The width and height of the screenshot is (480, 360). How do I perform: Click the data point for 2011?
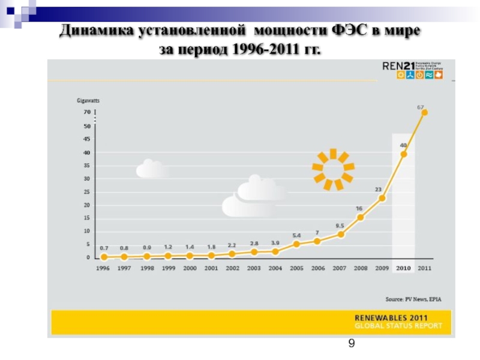424,112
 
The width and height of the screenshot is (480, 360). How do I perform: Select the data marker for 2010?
404,154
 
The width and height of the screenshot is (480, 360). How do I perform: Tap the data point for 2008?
361,217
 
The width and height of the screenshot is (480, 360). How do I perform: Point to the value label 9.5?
340,226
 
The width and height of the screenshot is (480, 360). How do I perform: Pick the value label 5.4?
296,235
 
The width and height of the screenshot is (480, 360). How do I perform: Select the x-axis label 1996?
104,268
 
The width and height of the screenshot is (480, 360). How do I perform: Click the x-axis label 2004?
275,268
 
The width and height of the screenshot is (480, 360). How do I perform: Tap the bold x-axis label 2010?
403,268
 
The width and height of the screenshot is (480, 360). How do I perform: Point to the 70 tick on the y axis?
87,112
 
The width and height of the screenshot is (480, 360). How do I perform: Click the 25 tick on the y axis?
87,192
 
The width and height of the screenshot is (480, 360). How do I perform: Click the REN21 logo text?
396,67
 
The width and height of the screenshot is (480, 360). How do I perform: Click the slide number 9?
352,343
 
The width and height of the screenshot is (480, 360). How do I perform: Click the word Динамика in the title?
97,31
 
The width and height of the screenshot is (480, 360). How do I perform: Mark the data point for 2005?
296,244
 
